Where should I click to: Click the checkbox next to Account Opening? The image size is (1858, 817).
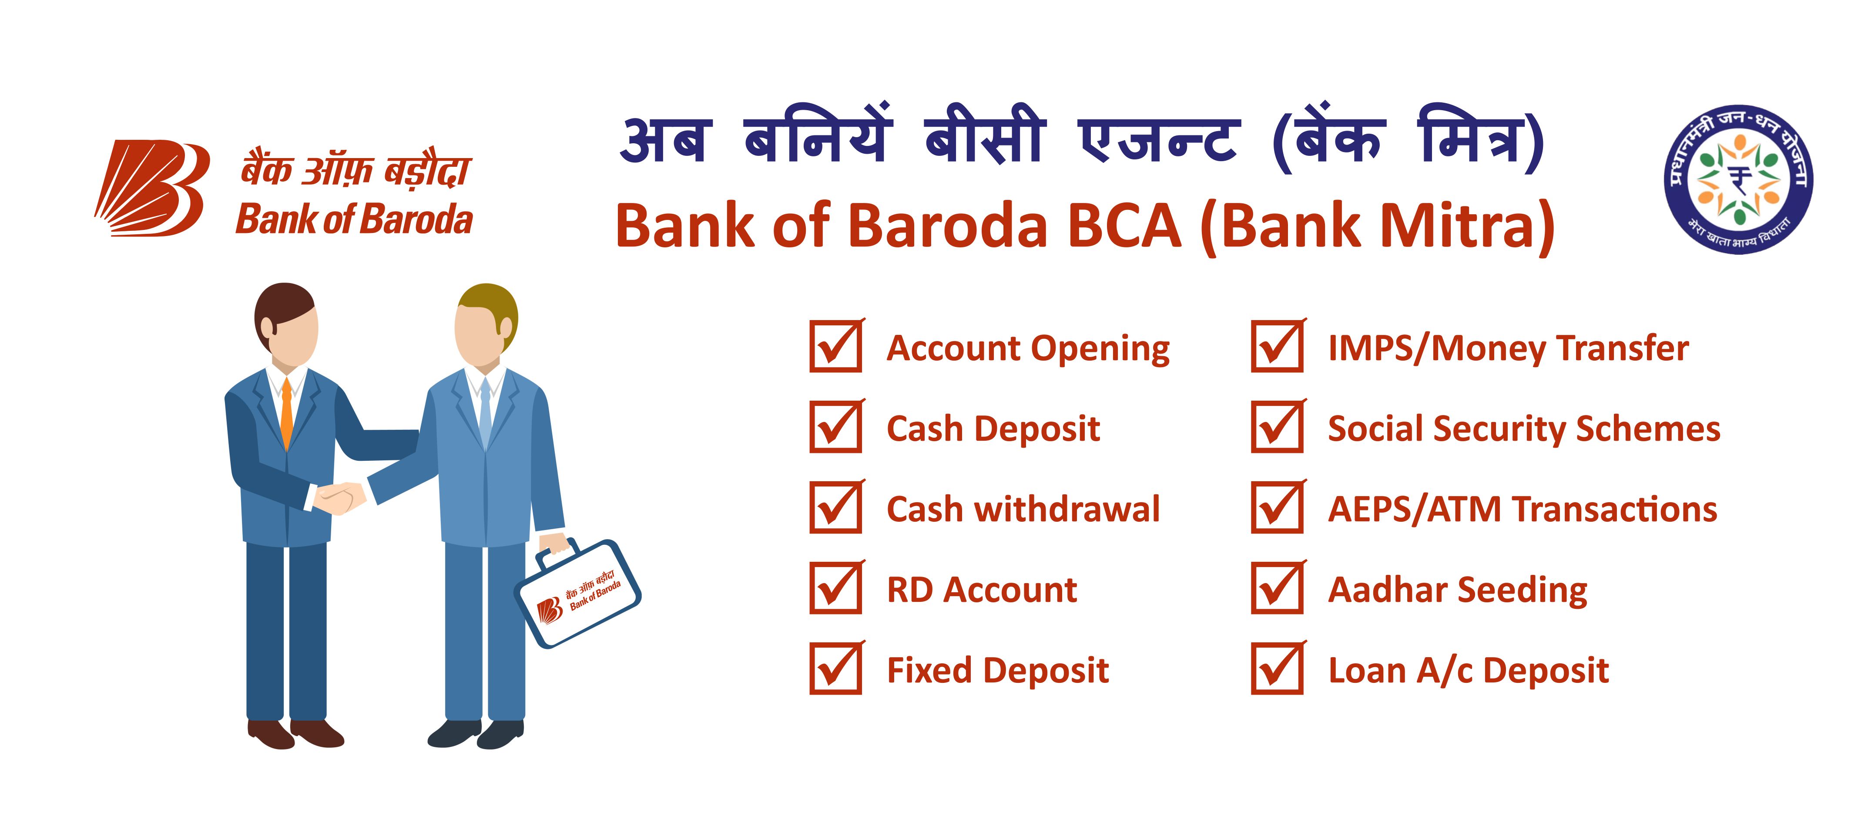coord(836,346)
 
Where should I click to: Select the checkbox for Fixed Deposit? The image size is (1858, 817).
coord(836,669)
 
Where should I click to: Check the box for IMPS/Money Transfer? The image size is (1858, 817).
coord(1278,346)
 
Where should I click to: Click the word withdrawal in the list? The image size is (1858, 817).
coord(1067,510)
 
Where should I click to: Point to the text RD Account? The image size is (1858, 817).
coord(982,591)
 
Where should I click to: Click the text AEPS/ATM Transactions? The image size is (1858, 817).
coord(1523,510)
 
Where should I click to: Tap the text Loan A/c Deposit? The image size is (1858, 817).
coord(1469,671)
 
